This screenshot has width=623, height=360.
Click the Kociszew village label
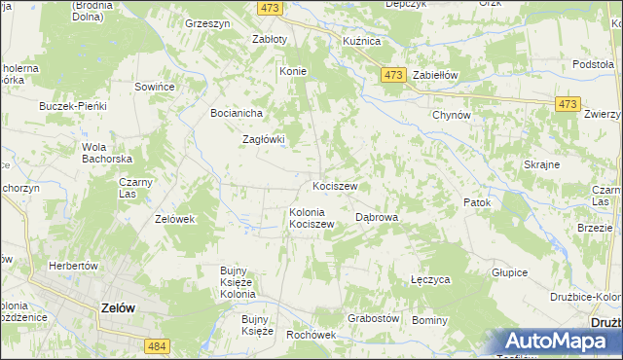(x=335, y=185)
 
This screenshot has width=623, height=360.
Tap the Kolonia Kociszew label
(x=311, y=218)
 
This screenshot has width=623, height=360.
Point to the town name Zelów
(x=118, y=306)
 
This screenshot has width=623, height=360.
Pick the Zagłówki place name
(x=263, y=139)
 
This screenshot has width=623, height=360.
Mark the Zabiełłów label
(x=435, y=75)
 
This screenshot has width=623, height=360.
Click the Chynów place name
(x=452, y=115)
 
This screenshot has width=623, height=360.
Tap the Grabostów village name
(x=374, y=318)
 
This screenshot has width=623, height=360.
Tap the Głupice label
(x=509, y=273)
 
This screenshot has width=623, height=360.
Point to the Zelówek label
(x=175, y=219)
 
